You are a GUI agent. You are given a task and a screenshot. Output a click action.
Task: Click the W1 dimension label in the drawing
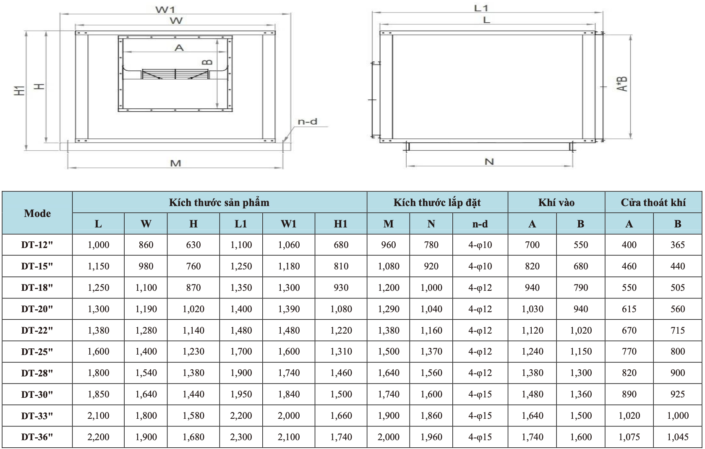164,9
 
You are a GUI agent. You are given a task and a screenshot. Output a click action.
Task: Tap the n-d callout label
307,121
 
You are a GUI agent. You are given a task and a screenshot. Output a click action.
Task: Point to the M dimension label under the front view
175,163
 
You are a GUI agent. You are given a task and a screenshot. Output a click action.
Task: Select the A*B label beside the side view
621,84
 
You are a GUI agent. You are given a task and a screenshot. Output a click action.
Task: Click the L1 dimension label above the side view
481,8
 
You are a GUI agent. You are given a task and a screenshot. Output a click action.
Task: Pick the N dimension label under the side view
489,162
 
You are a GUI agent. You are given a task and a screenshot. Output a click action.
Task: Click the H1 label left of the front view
19,91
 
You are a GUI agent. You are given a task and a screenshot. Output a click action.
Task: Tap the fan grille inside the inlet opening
175,74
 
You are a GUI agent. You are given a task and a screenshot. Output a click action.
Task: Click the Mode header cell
37,213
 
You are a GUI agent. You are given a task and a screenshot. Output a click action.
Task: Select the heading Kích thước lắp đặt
437,203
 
